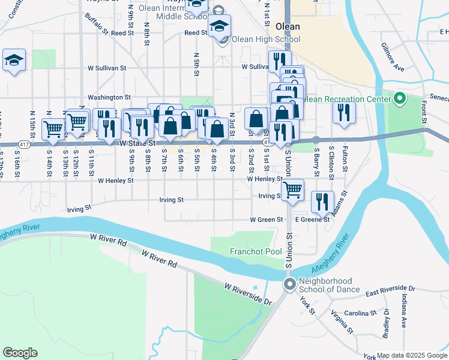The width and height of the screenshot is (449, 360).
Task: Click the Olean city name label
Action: click(x=288, y=26)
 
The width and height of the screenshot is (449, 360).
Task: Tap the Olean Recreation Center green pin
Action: click(x=400, y=98)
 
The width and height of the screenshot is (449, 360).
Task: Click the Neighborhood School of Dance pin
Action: click(x=290, y=284)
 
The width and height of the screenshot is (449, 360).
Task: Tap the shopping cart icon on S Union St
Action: click(x=292, y=190)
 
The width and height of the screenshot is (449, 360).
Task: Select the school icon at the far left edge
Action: click(x=14, y=60)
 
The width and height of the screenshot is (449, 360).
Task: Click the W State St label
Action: click(x=137, y=144)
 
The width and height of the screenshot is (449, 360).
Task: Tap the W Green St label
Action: click(x=267, y=220)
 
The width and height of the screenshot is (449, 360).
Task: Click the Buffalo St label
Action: click(x=96, y=23)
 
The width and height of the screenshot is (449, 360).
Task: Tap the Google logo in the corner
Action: click(x=20, y=353)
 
